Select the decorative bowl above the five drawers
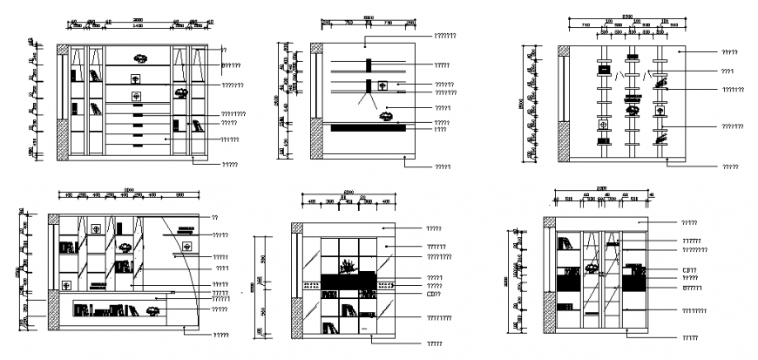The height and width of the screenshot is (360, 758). pos(139,58)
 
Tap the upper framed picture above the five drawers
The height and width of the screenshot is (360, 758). pos(136,79)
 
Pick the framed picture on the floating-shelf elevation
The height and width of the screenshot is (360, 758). pos(382,85)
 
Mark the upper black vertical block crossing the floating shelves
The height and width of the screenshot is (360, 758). pos(369,65)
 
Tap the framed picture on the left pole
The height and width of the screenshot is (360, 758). pos(601,126)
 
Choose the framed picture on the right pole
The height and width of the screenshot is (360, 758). pos(660,111)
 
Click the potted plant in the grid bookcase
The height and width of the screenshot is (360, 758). pos(348,265)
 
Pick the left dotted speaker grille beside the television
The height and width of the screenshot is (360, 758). pos(311,284)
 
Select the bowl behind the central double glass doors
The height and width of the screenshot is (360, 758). pos(592,266)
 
